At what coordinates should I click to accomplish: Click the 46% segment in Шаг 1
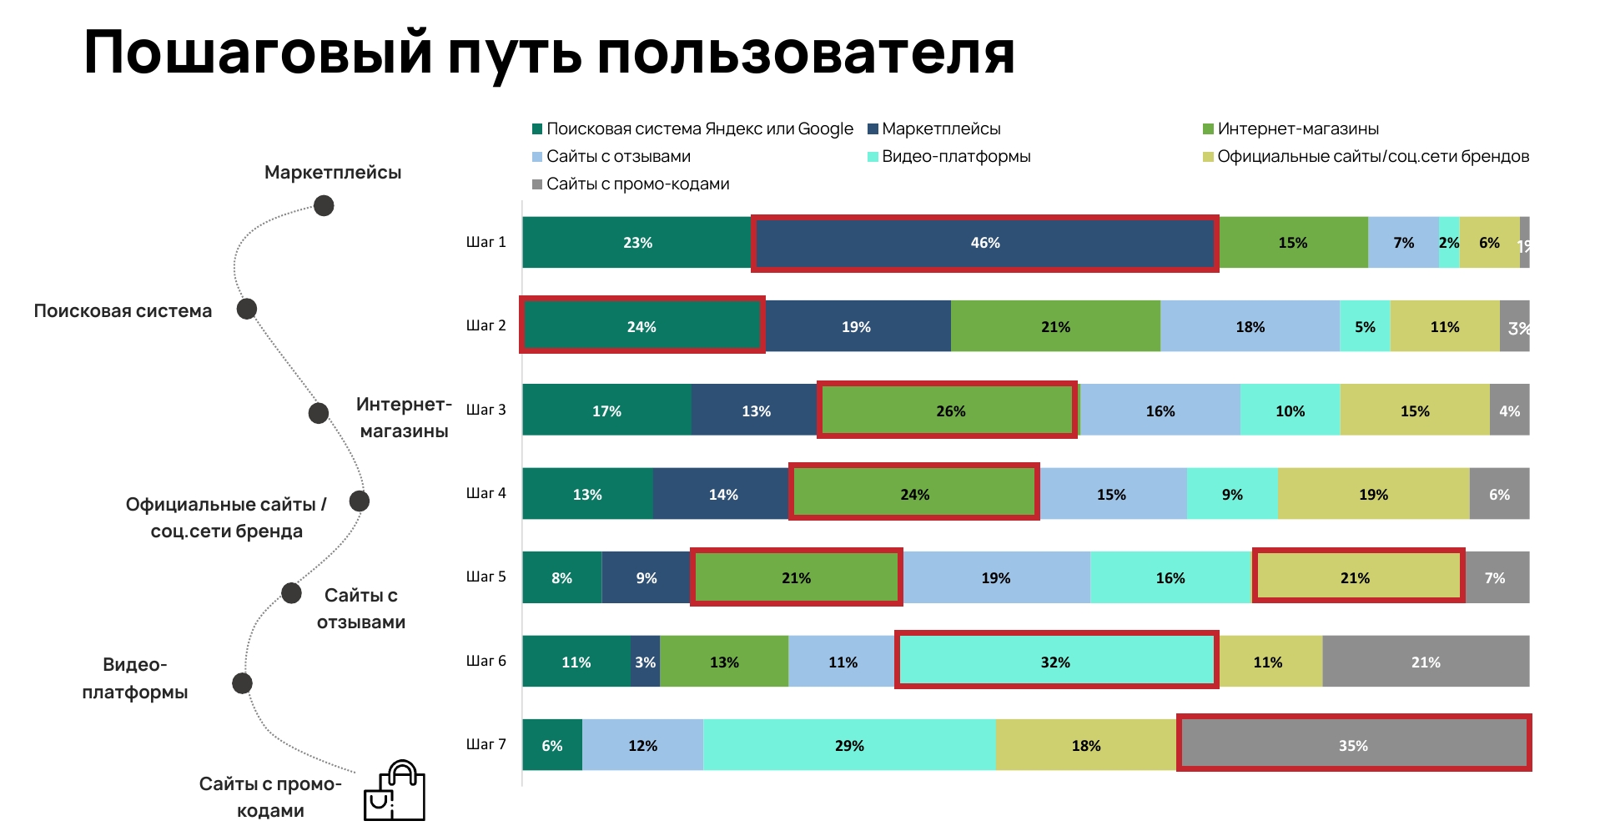(984, 243)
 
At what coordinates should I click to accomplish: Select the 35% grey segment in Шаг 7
(1353, 745)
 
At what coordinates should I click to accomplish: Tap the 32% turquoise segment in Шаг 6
(1055, 662)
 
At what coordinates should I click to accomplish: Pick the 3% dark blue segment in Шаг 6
(645, 662)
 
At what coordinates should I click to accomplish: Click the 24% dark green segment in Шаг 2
(642, 326)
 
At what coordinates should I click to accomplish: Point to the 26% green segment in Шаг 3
(949, 410)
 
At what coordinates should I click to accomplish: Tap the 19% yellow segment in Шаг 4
(1373, 494)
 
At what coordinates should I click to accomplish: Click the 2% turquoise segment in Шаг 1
(1448, 243)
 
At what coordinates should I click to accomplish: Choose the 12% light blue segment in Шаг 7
(642, 745)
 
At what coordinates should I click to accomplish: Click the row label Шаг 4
(486, 493)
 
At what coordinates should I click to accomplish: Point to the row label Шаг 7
(486, 744)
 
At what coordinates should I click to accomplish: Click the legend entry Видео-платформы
(955, 157)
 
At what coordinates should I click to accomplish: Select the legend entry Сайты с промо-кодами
(637, 184)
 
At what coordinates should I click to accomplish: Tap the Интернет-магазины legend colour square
(1207, 129)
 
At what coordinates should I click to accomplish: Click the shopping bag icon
(395, 792)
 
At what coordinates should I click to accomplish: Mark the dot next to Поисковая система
(246, 309)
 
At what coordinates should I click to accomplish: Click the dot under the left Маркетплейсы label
(324, 205)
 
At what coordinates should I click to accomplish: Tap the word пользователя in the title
(806, 53)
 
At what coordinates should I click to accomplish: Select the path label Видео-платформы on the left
(134, 678)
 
